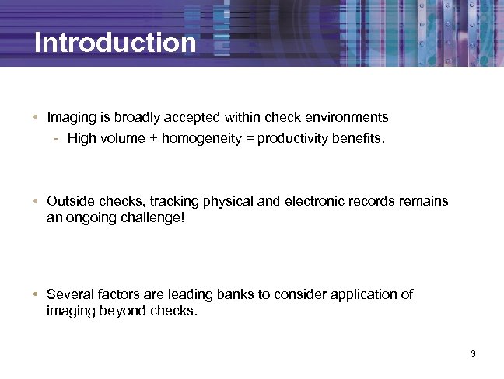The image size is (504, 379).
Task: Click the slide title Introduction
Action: [115, 43]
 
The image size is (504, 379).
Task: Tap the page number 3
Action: [472, 355]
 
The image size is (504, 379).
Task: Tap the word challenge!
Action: [154, 218]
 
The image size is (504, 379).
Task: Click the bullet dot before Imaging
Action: [37, 118]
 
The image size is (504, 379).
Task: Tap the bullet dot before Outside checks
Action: [37, 200]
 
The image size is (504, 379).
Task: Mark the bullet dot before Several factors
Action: [37, 294]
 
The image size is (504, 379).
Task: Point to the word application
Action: [364, 294]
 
